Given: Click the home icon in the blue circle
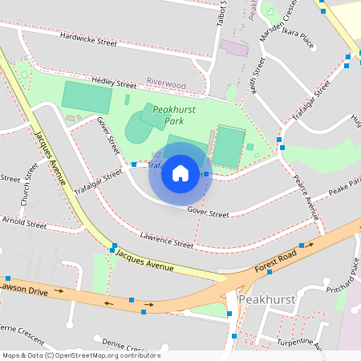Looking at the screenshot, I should tap(180, 173).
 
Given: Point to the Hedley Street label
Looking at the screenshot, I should tap(115, 83).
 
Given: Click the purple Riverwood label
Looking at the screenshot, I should tap(166, 83).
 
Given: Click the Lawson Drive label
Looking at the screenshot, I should tap(24, 286).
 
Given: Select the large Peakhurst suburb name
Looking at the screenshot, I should tap(268, 298).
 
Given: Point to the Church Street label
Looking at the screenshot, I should tap(30, 186).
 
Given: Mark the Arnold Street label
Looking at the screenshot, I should tap(24, 222).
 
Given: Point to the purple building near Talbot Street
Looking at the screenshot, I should tap(235, 47).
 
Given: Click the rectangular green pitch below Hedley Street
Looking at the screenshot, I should tap(87, 97).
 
